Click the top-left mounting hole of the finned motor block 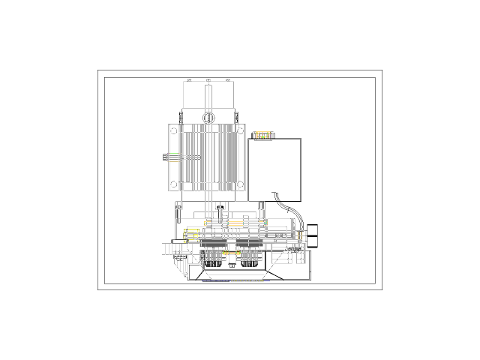pos(174,130)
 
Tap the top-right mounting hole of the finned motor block pos(240,130)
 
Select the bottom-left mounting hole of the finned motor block pos(174,184)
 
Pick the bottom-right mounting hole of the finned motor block pos(240,184)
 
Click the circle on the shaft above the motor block pos(208,116)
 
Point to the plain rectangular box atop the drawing pos(210,95)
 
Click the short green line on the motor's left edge pos(174,154)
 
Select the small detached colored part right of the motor pos(263,136)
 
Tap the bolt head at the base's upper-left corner pos(178,205)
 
